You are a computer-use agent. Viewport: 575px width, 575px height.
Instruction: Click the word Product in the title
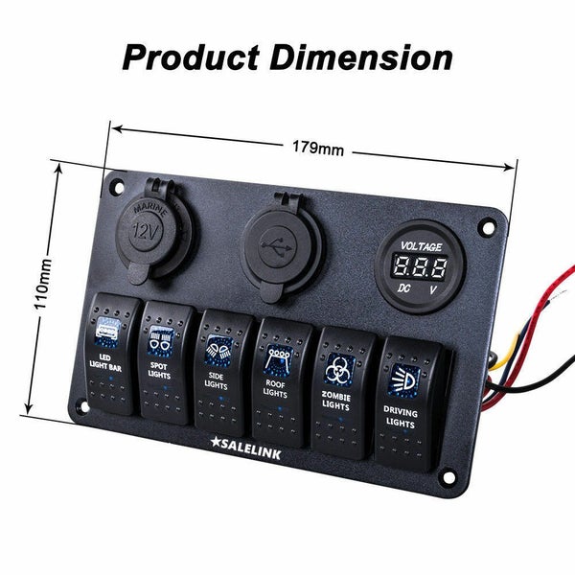(x=192, y=57)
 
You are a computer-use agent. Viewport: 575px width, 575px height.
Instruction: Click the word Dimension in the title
(x=361, y=57)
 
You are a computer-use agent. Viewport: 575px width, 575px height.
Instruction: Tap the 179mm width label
(x=318, y=148)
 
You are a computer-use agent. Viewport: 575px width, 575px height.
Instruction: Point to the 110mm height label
(x=42, y=284)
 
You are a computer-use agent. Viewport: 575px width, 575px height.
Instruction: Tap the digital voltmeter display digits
(x=420, y=265)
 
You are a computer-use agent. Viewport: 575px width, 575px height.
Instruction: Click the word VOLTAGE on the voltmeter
(x=421, y=246)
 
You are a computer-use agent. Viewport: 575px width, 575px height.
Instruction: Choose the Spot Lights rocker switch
(x=166, y=362)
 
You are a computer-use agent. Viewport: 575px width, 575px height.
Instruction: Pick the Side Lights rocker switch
(x=222, y=373)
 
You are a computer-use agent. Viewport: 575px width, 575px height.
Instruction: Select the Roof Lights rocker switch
(x=281, y=382)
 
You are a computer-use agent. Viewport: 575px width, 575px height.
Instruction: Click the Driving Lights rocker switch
(x=408, y=403)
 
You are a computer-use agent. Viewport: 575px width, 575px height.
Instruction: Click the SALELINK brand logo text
(x=245, y=448)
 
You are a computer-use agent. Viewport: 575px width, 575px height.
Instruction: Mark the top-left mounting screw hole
(x=119, y=188)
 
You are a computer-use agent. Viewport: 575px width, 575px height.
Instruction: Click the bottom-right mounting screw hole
(x=448, y=476)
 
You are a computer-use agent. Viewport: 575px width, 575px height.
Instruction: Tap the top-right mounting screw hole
(x=488, y=228)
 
